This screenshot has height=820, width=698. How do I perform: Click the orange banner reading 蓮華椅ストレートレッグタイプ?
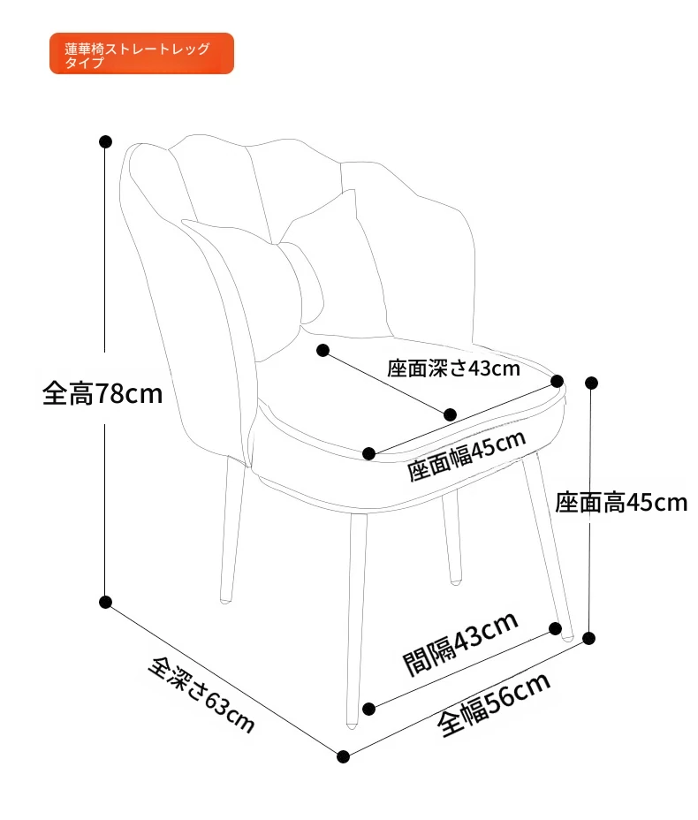141,53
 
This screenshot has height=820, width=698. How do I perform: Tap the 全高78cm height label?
102,393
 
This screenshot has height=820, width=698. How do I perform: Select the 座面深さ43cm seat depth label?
454,368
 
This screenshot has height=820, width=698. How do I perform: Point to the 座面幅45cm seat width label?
467,455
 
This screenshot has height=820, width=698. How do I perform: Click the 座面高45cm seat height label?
621,503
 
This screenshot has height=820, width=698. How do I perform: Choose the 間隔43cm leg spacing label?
460,643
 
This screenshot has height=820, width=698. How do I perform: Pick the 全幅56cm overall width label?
494,704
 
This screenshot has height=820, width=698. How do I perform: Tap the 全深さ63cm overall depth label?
201,695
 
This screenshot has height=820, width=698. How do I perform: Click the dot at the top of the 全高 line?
106,141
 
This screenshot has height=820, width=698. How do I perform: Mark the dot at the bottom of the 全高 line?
106,602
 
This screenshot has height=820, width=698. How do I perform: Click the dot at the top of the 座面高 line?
591,383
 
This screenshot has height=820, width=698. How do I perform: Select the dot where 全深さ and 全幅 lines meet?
343,756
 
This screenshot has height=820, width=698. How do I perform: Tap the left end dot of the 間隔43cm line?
368,710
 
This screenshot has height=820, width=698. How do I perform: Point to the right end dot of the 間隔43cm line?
555,628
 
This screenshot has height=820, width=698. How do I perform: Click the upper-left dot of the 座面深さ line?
323,350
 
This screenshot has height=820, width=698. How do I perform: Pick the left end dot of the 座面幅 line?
368,453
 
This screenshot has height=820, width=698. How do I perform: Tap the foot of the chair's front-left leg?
352,725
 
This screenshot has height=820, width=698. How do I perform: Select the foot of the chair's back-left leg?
225,600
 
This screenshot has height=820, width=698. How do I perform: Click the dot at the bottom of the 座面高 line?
589,638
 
